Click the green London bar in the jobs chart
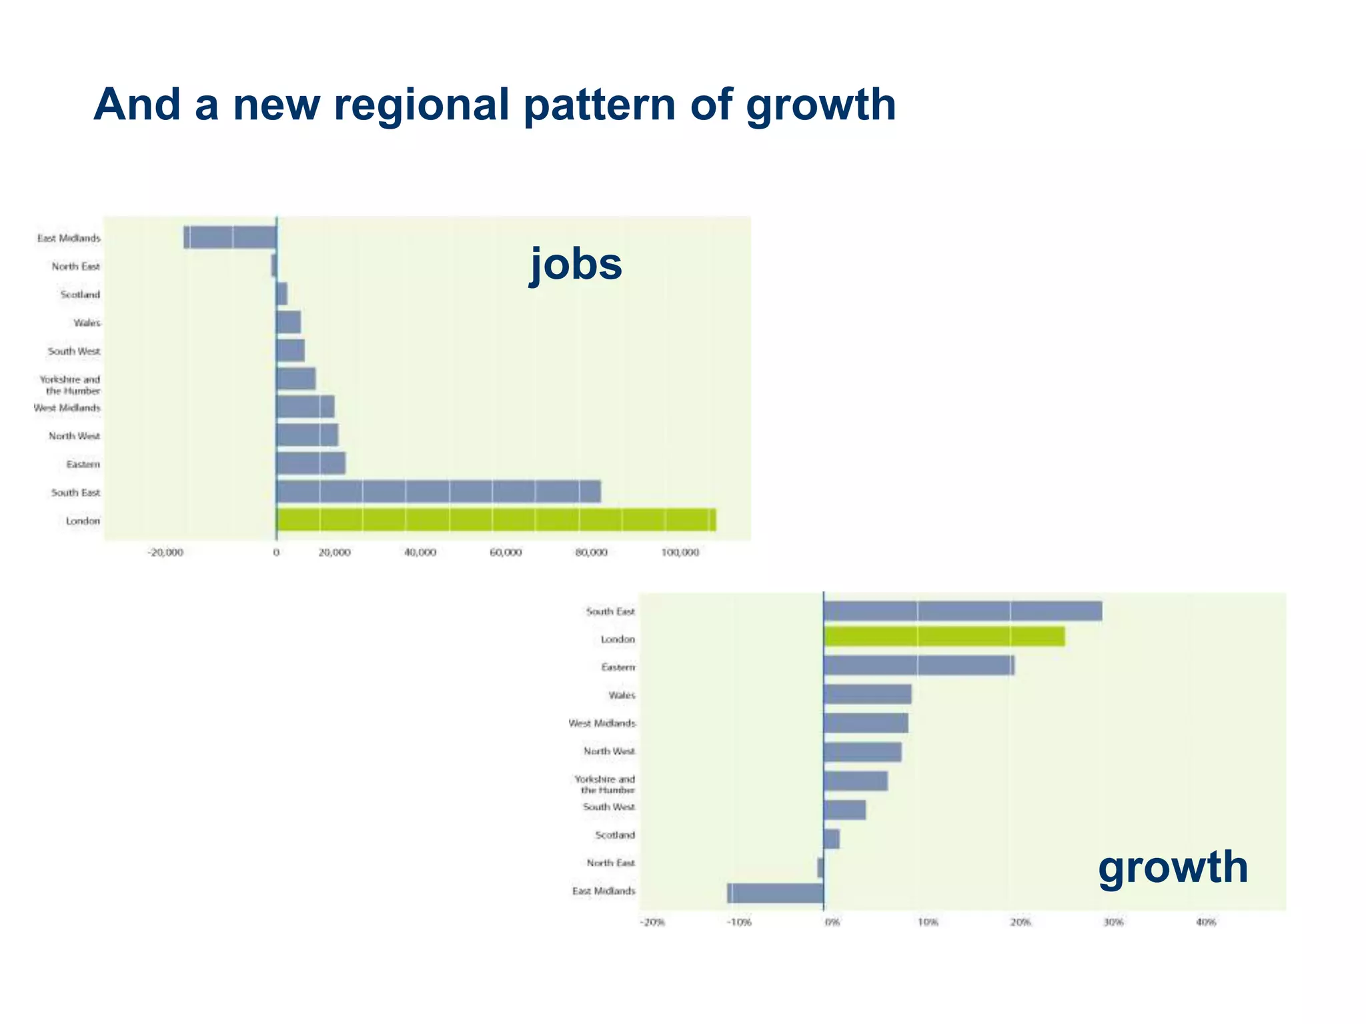click(496, 520)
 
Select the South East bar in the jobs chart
click(438, 491)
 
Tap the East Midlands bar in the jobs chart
click(230, 237)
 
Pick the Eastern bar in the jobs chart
click(311, 463)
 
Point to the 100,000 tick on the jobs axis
click(680, 553)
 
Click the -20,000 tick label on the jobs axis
click(165, 553)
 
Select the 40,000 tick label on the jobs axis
click(420, 553)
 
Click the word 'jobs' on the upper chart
click(576, 264)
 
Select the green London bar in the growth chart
click(944, 637)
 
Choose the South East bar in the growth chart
click(962, 611)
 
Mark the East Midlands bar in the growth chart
click(775, 893)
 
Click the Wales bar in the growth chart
click(868, 694)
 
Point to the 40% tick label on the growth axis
click(1206, 923)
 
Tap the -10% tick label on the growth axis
click(739, 923)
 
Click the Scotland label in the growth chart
click(615, 835)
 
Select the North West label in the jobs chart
click(74, 436)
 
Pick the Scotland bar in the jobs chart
click(282, 294)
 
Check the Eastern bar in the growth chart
click(919, 665)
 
